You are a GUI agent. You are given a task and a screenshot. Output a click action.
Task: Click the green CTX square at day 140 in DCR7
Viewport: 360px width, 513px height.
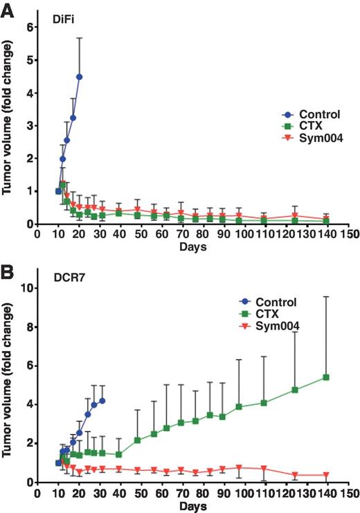[325, 377]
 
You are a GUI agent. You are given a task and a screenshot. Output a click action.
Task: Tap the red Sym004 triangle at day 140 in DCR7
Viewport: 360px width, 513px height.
[325, 475]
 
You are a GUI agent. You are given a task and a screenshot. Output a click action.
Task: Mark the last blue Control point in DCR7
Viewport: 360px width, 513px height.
[102, 400]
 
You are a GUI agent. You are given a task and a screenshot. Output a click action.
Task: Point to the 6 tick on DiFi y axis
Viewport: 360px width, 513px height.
[29, 27]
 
